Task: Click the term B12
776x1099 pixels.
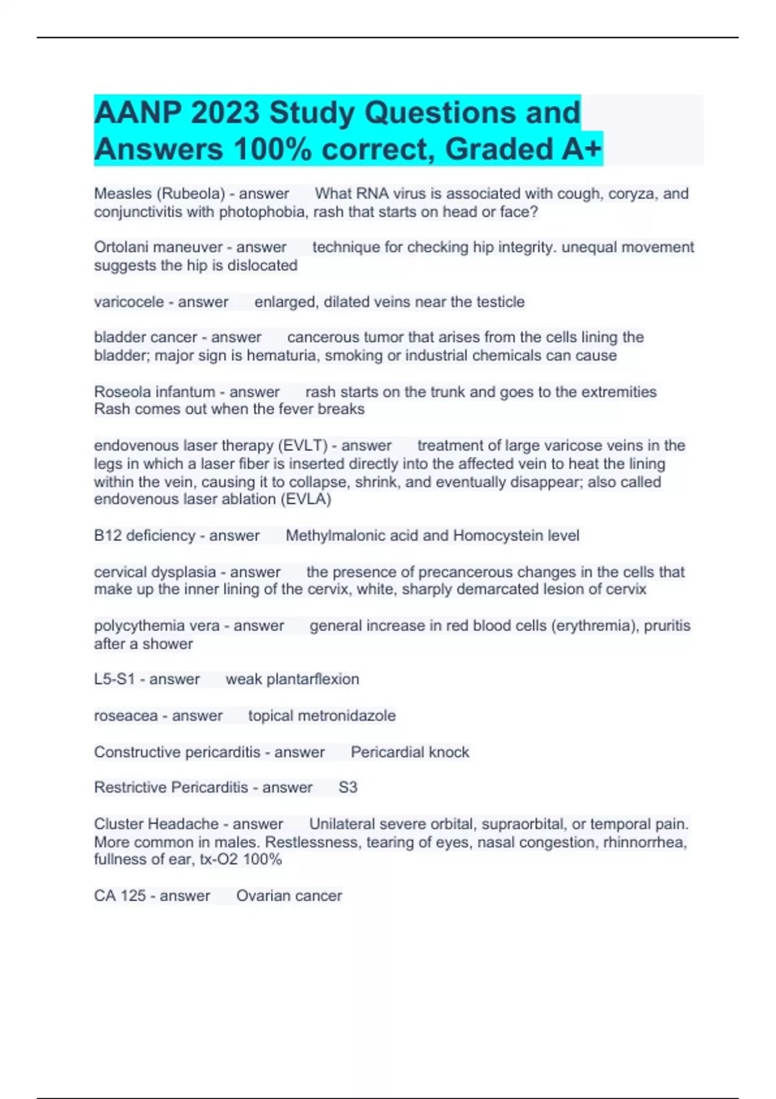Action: [108, 535]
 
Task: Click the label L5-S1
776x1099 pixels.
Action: [114, 679]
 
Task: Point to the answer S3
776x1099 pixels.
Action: [348, 787]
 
